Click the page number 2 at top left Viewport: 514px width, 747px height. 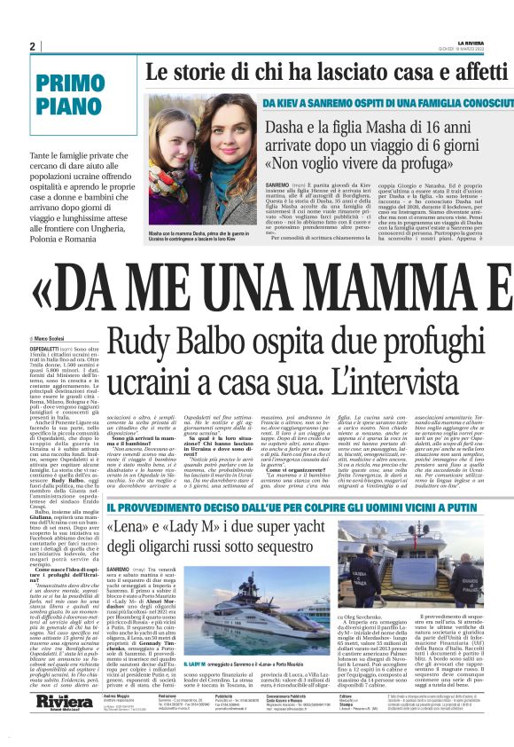pyautogui.click(x=32, y=47)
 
